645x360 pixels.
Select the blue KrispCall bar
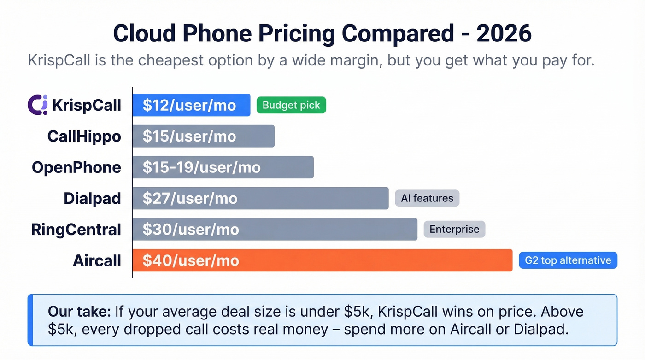191,105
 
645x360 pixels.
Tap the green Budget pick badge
291,105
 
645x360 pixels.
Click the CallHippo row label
84,136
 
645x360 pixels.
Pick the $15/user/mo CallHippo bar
203,136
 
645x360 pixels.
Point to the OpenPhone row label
76,167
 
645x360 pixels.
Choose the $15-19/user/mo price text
201,167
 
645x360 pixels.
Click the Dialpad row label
92,198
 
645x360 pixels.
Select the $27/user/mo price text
190,198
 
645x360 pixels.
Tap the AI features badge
427,198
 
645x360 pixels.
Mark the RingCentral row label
76,229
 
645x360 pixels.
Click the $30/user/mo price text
191,229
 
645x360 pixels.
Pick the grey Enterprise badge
454,229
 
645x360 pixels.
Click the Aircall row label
97,260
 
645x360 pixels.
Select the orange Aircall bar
322,260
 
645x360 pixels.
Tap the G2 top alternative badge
568,260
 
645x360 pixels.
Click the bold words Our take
79,312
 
